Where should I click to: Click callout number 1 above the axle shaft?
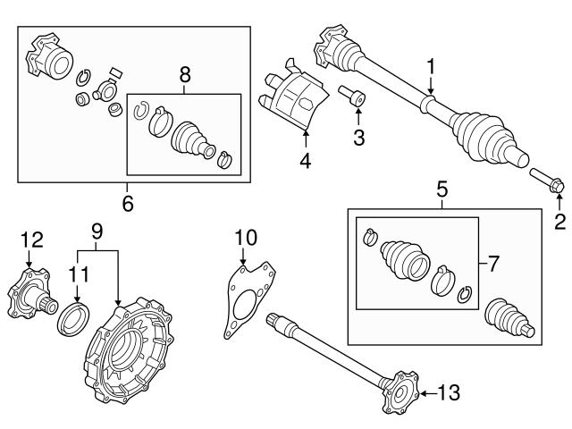431,65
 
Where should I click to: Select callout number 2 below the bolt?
560,221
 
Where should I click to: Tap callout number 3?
358,137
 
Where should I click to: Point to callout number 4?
305,162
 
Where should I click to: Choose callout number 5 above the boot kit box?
442,189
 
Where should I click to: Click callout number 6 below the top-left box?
127,203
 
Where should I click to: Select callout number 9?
98,231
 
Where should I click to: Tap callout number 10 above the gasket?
244,237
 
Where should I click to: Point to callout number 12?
31,239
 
